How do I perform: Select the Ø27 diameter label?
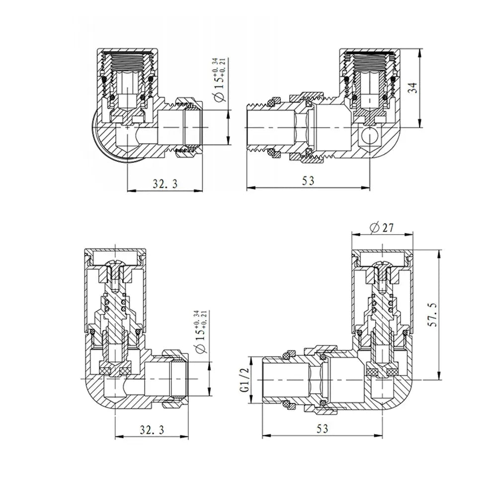pyautogui.click(x=382, y=228)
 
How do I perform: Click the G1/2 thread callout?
pyautogui.click(x=244, y=380)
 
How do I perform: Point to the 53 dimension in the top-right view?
pyautogui.click(x=308, y=181)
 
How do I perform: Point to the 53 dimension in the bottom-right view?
pyautogui.click(x=322, y=429)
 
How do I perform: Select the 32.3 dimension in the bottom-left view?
pyautogui.click(x=152, y=429)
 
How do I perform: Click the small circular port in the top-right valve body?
pyautogui.click(x=369, y=134)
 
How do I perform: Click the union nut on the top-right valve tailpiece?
pyautogui.click(x=304, y=127)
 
